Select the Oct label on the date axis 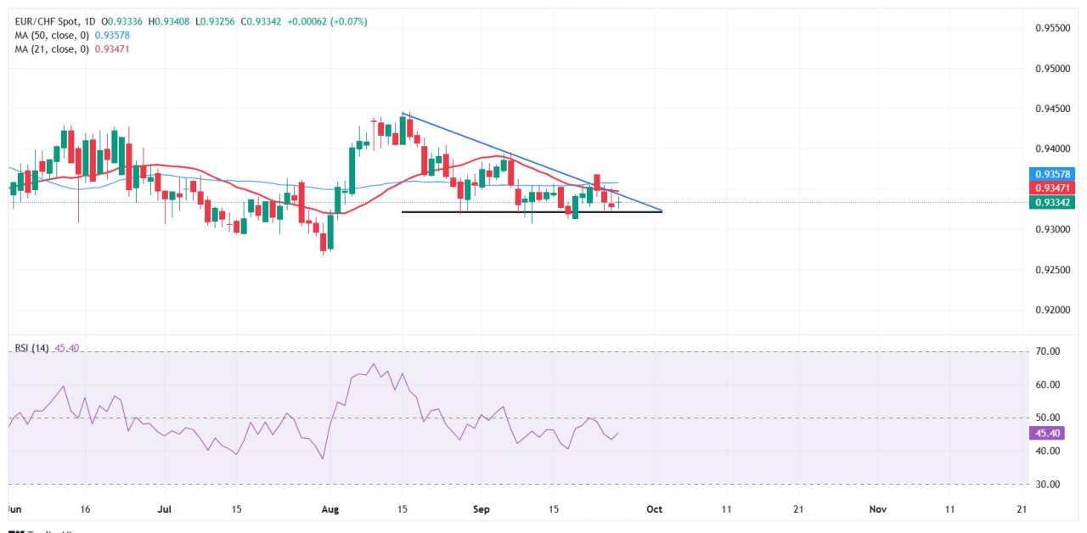coord(654,509)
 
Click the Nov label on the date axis coord(878,509)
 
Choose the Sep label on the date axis coord(482,509)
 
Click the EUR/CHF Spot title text coord(50,20)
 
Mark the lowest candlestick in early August coord(323,243)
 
